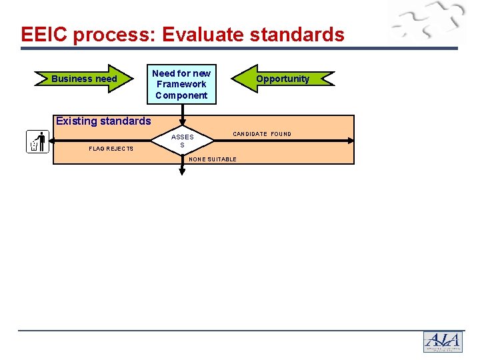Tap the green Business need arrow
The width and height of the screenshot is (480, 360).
coord(85,79)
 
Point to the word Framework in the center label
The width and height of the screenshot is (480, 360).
coord(181,84)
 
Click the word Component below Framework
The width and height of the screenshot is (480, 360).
coord(181,95)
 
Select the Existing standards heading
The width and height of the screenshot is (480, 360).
coord(103,121)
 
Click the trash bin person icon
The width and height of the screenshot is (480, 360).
coord(37,141)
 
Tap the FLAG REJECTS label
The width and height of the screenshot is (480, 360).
coord(111,149)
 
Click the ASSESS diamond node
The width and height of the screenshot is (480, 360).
coord(182,141)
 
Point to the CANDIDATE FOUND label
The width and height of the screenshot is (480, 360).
coord(262,134)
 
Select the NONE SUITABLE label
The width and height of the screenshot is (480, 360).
coord(213,159)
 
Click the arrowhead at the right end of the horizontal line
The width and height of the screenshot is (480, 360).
coord(351,141)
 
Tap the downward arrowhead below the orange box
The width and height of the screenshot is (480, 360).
coord(182,171)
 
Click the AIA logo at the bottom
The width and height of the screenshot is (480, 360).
coord(443,342)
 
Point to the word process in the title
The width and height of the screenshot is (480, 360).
coord(110,35)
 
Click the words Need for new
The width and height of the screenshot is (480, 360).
coord(181,73)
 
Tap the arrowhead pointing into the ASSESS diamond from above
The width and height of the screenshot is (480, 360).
coord(182,122)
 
